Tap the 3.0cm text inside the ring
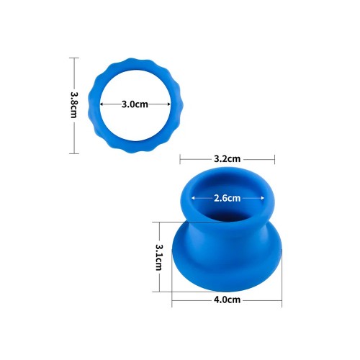pos(135,104)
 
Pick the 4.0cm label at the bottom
pos(227,300)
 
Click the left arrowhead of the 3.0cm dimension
pos(102,104)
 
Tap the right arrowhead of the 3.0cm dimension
pos(170,104)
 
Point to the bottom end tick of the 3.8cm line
pos(73,153)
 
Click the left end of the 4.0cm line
pos(172,300)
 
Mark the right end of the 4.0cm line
pos(282,300)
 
